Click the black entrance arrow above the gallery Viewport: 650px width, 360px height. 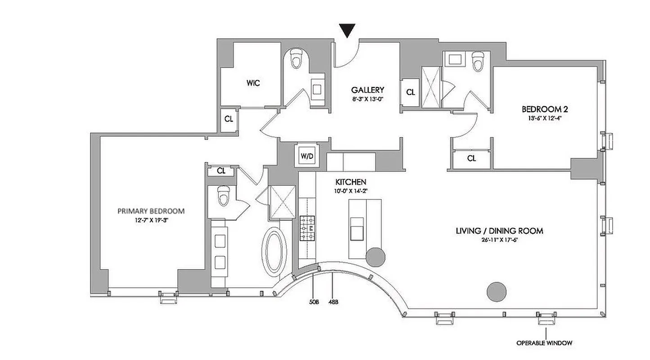(348, 31)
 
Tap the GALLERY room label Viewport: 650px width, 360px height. (368, 90)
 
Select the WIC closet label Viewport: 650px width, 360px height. (253, 83)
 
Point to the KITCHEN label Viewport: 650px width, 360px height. (351, 182)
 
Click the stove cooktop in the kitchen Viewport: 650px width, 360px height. (307, 228)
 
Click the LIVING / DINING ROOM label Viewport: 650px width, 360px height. (499, 231)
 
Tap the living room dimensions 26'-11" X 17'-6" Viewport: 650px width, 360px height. (499, 240)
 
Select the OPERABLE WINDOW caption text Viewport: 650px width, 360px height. (544, 343)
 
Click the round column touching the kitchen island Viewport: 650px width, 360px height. (375, 256)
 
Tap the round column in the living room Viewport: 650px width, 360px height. (497, 292)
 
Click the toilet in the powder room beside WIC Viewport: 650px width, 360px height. (296, 59)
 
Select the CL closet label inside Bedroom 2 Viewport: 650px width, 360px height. (471, 158)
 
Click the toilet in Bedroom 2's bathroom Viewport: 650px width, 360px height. (478, 62)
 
